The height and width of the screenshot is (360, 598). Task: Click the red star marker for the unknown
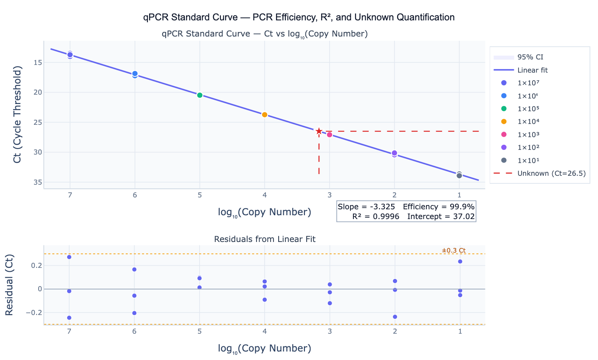pyautogui.click(x=319, y=131)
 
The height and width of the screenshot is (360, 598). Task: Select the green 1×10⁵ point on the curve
pyautogui.click(x=200, y=95)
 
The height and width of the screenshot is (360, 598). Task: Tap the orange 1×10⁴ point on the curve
pyautogui.click(x=265, y=115)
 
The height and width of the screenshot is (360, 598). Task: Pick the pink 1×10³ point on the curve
pyautogui.click(x=330, y=135)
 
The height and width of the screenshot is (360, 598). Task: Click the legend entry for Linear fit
pyautogui.click(x=535, y=70)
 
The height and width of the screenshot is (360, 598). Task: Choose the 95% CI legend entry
pyautogui.click(x=530, y=57)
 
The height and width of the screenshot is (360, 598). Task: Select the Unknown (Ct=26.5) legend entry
pyautogui.click(x=551, y=173)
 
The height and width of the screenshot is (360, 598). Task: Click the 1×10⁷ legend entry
pyautogui.click(x=528, y=83)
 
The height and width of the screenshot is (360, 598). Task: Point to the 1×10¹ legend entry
pyautogui.click(x=528, y=160)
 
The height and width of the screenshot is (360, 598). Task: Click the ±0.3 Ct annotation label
pyautogui.click(x=454, y=250)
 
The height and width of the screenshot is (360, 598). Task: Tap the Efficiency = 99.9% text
pyautogui.click(x=439, y=207)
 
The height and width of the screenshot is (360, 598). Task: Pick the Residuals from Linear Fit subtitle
pyautogui.click(x=265, y=239)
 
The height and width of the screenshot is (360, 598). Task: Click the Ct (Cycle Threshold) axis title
pyautogui.click(x=17, y=115)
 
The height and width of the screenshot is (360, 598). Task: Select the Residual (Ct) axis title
pyautogui.click(x=9, y=285)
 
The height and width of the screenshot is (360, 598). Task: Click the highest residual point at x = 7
pyautogui.click(x=69, y=257)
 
